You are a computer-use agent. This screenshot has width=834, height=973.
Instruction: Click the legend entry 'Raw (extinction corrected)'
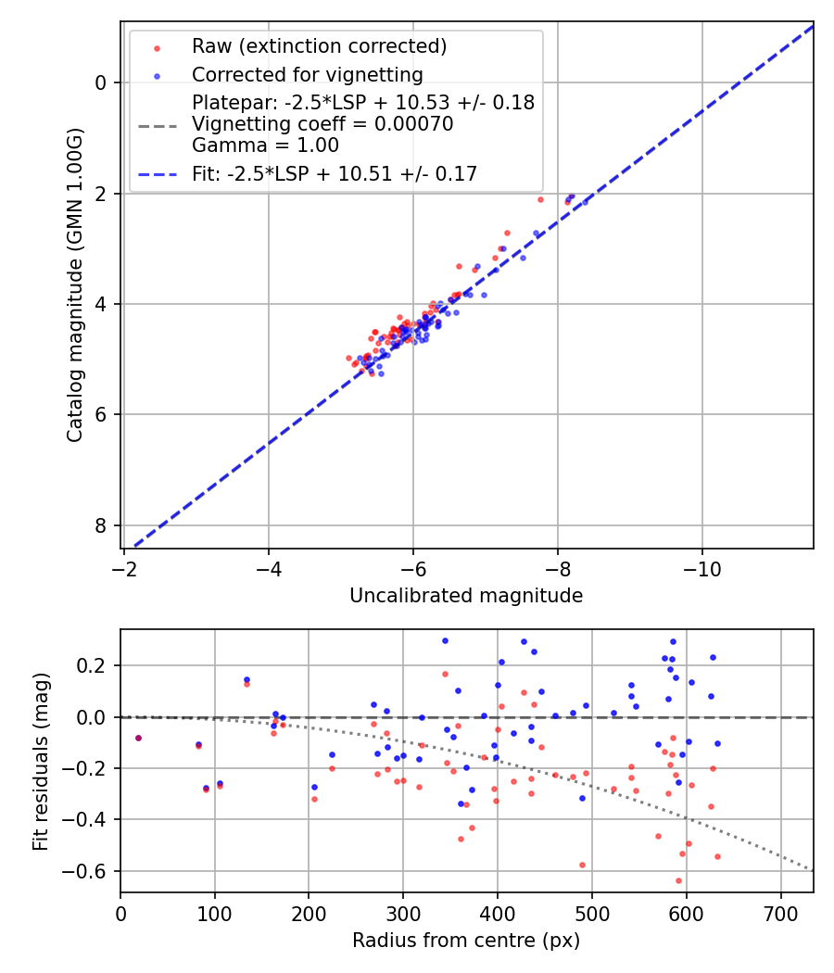[x=319, y=46]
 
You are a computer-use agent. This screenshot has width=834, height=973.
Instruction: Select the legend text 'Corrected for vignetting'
[x=307, y=75]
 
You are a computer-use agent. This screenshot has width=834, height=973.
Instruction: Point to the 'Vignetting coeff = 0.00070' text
[x=322, y=124]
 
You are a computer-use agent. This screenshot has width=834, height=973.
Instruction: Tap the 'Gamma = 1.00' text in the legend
[x=265, y=145]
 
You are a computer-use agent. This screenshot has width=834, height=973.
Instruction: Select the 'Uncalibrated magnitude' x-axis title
[x=466, y=596]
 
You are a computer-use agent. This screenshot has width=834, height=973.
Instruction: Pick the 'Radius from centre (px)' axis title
[x=466, y=941]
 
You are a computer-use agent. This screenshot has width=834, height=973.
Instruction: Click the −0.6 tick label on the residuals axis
[x=91, y=871]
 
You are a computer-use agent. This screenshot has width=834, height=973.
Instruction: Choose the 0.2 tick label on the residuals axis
[x=95, y=665]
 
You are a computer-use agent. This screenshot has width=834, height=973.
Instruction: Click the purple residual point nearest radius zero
[x=138, y=738]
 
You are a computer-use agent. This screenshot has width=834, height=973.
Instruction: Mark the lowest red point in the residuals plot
[x=678, y=880]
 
